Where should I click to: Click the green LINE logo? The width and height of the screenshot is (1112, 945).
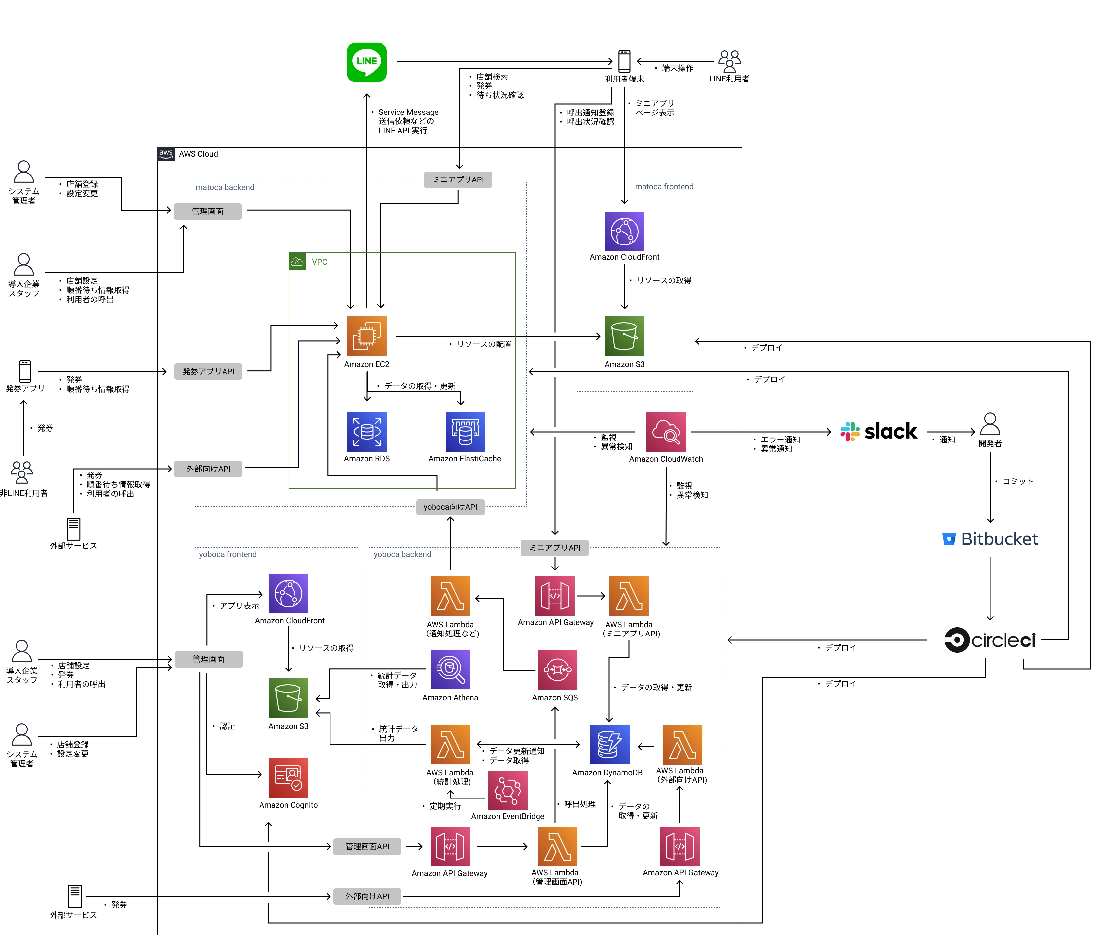pyautogui.click(x=366, y=62)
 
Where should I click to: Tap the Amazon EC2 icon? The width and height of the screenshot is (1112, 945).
pyautogui.click(x=366, y=336)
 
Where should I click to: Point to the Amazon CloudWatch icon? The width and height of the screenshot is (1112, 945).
pyautogui.click(x=666, y=432)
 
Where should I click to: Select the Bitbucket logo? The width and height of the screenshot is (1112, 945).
pyautogui.click(x=989, y=538)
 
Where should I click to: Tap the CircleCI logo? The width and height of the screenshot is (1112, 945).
pyautogui.click(x=989, y=640)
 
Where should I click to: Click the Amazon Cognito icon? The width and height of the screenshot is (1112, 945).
pyautogui.click(x=288, y=777)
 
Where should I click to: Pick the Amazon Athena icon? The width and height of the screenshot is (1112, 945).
pyautogui.click(x=450, y=669)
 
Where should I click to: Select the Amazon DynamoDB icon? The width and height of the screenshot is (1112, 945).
pyautogui.click(x=609, y=744)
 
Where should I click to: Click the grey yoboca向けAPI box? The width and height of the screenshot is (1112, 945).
pyautogui.click(x=450, y=507)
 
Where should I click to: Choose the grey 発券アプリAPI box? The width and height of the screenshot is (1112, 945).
pyautogui.click(x=208, y=371)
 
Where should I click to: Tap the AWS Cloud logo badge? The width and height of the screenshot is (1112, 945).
pyautogui.click(x=166, y=154)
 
